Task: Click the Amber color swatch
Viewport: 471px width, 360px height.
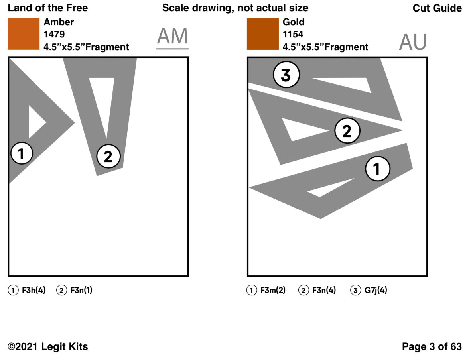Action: (24, 34)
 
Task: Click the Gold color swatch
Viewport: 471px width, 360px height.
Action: (262, 34)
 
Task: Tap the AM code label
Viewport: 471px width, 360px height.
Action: (172, 37)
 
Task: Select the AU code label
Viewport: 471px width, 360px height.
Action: (413, 42)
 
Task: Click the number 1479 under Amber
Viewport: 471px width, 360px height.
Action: (54, 35)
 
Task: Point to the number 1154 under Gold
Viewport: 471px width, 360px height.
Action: (293, 35)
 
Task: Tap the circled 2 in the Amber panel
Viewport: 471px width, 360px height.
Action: (108, 157)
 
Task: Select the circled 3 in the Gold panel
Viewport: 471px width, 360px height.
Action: (286, 75)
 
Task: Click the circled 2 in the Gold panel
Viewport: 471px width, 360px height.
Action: (347, 131)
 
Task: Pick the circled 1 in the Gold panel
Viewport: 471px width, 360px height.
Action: (377, 169)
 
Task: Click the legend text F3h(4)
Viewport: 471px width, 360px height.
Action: (34, 291)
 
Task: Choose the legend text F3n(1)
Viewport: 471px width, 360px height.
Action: (81, 291)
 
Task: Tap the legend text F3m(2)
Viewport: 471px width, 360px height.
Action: (273, 291)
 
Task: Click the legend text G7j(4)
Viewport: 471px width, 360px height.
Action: (375, 291)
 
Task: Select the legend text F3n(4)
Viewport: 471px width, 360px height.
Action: (324, 291)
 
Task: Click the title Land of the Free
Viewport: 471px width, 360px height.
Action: (48, 8)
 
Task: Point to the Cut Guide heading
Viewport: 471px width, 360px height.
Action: (437, 8)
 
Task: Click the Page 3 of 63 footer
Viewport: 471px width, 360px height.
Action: (432, 346)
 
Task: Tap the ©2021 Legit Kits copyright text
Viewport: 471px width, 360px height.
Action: (48, 347)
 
